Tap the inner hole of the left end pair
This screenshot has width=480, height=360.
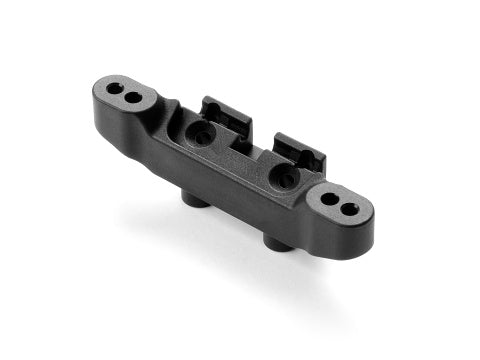132,97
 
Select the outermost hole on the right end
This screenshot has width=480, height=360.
351,209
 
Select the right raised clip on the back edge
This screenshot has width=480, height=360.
296,148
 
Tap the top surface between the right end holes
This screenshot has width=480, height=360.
340,204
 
